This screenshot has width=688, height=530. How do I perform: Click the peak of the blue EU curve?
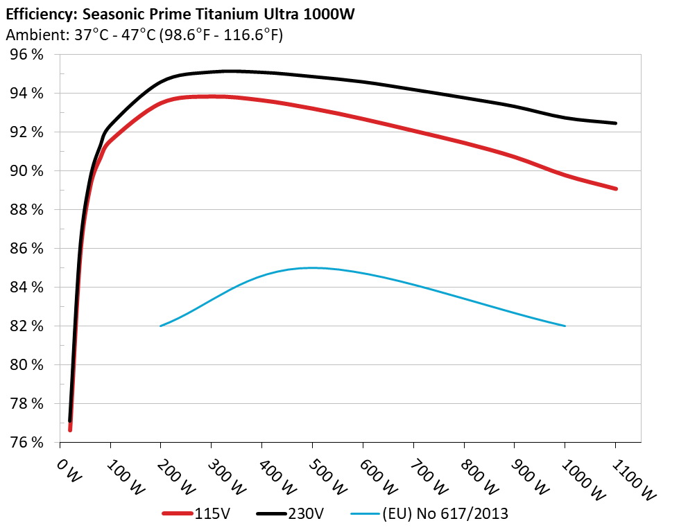click(312, 267)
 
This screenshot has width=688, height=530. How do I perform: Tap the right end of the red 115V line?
click(615, 188)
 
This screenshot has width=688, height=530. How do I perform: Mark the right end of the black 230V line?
click(615, 123)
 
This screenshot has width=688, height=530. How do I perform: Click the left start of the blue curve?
click(161, 326)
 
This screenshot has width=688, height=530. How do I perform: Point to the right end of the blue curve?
click(565, 326)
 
